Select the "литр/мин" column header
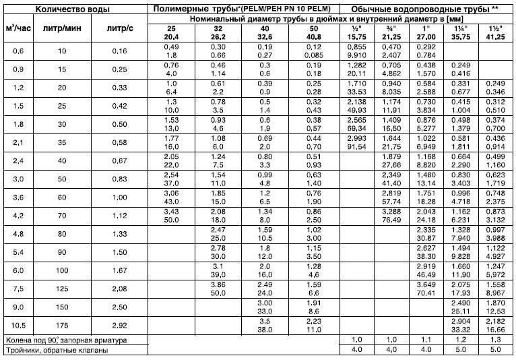point(53,30)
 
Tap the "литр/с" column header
point(121,30)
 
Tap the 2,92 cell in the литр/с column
point(121,324)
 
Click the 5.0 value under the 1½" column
point(494,350)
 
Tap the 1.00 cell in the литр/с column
point(121,198)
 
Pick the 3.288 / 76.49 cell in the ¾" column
point(391,216)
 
